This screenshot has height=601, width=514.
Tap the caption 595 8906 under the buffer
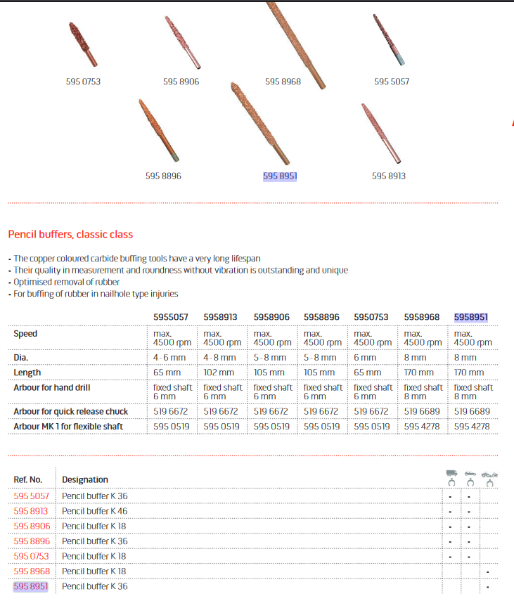(181, 82)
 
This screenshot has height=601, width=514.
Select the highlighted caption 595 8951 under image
(280, 176)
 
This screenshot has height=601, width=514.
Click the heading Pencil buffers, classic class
(70, 234)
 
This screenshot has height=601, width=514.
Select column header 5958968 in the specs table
(422, 317)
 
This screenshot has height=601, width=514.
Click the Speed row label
(25, 334)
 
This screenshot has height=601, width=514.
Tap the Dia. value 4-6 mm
(169, 358)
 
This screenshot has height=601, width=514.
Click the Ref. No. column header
(28, 479)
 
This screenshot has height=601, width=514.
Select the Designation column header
(85, 479)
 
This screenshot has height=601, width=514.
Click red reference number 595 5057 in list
(31, 496)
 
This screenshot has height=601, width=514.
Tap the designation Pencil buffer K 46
(95, 511)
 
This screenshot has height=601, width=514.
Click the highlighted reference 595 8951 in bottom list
(31, 586)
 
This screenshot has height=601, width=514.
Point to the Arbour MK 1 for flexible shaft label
(68, 426)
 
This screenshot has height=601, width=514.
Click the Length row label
(27, 373)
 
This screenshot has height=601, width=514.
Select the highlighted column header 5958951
(471, 317)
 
